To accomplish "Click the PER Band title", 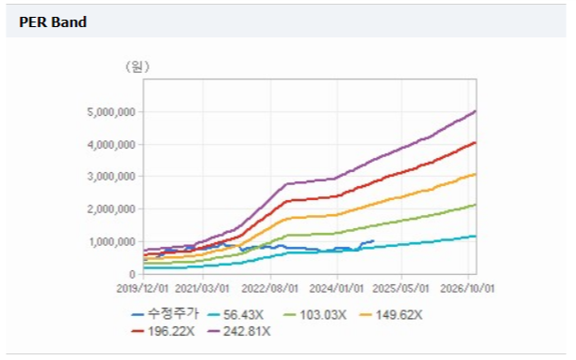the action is tap(53, 22).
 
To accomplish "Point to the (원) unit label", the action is tap(137, 66).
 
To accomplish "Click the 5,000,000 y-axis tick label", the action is tap(111, 111).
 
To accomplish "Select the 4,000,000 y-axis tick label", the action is tap(111, 144).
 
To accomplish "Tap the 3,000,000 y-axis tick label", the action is tap(111, 177).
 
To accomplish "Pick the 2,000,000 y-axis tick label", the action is tap(111, 209).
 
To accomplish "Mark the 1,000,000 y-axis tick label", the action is tap(112, 241).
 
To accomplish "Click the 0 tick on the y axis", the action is tap(132, 274).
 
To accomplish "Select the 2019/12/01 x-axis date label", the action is tap(142, 288).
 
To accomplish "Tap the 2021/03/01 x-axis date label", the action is tap(202, 288).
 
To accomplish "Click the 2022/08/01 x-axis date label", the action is tap(269, 288).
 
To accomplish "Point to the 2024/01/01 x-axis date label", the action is tap(337, 288).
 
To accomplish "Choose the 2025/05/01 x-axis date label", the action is tap(401, 288).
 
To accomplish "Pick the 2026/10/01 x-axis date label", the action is tap(468, 288).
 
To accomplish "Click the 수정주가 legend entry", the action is tap(166, 314).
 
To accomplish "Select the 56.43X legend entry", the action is tap(236, 315).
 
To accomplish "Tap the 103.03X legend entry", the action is tap(315, 315).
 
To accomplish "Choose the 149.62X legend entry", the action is tap(391, 315).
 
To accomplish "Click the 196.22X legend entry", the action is tap(163, 331).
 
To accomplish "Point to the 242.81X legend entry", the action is tap(238, 331).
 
